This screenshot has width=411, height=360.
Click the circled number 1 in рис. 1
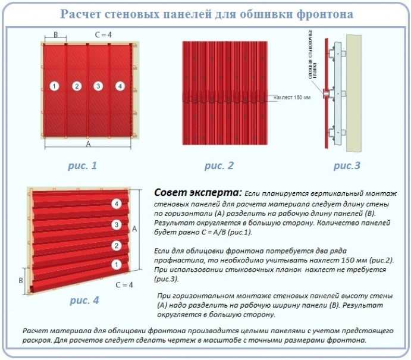tap(54, 87)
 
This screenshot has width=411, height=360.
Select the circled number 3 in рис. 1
tap(98, 87)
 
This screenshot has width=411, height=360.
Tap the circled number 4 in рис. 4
tap(117, 204)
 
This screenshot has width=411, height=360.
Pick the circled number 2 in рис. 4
tap(117, 245)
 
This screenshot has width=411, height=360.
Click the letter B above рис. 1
tap(55, 36)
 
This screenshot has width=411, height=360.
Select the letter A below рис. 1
tap(89, 144)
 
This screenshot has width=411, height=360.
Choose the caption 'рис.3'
tap(346, 166)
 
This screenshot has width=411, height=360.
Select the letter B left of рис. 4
tap(21, 279)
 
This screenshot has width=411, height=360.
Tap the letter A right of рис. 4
tap(135, 228)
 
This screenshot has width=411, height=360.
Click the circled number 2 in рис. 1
tap(76, 87)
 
